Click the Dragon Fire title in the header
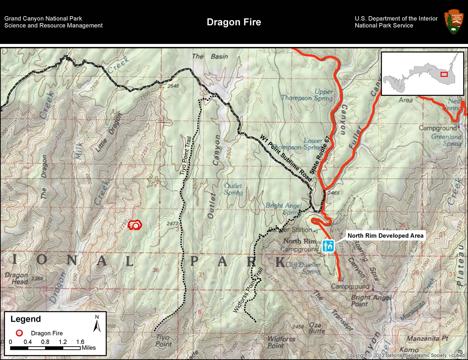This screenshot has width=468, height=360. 234,22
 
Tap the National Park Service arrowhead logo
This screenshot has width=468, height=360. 454,22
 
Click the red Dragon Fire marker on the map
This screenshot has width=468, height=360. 135,226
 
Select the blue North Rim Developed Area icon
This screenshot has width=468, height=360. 328,246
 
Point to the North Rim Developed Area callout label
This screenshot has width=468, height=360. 385,236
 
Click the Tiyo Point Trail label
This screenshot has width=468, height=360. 185,156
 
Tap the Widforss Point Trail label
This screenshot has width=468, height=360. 248,290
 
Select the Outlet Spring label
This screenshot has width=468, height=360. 233,189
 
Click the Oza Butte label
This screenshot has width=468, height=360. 317,328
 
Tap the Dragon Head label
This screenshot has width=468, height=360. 17,278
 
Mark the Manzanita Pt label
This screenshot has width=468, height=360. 427,338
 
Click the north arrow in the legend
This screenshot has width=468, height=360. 96,324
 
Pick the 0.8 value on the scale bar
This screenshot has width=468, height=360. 45,342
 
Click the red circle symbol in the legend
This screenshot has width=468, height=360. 19,333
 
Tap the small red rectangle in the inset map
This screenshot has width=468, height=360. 444,74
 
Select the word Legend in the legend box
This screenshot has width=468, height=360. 26,319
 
